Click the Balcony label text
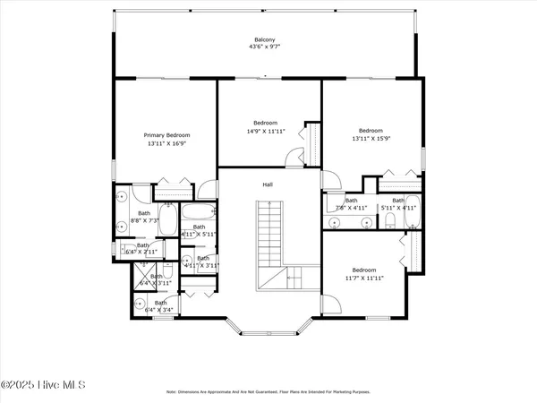point(264,40)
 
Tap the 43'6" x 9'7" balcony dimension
point(264,47)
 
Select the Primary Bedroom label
point(167,135)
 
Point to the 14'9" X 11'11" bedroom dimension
point(265,131)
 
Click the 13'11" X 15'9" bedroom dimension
point(371,138)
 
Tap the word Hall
point(267,184)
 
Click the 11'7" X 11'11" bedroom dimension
point(363,278)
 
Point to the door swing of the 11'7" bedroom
point(328,305)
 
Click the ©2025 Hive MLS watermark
point(42,385)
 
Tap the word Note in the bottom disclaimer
point(172,392)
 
